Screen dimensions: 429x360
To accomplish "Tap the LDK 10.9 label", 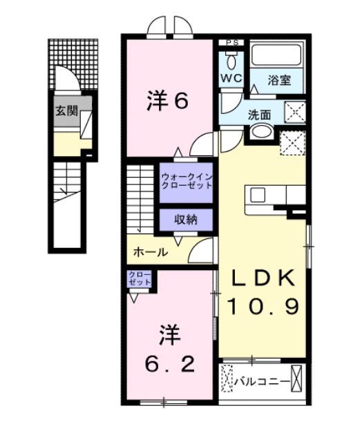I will pos(263,291).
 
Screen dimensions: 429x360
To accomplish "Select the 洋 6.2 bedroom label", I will pos(167,350).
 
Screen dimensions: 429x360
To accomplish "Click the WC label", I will pos(230,77).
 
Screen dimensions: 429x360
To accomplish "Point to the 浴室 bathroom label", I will pos(280,79).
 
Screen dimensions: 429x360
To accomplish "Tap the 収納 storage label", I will pos(185,220).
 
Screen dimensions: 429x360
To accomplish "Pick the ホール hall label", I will pos(150,252).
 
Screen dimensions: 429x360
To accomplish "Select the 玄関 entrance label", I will pos(66,111).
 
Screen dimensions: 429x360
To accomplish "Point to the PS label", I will pos(231,43).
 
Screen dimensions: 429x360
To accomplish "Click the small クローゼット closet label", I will pos(140,279).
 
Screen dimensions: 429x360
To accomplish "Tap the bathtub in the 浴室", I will pos(276,56).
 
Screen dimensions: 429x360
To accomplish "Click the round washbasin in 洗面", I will pos(260,132).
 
